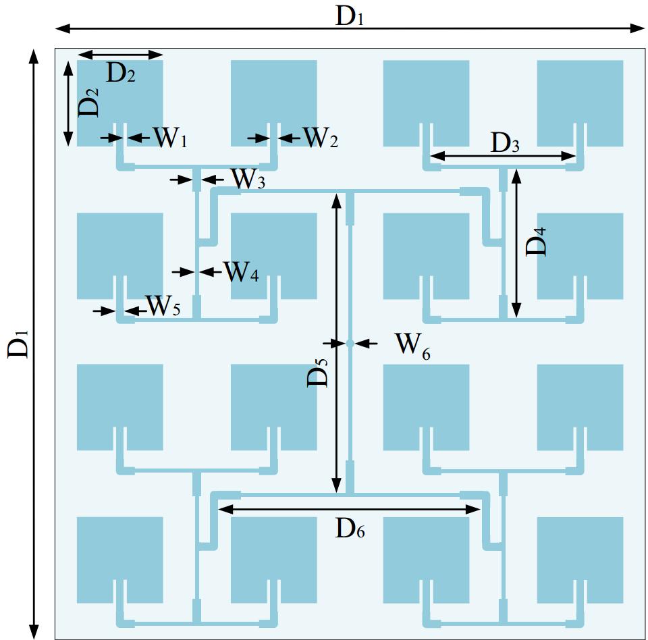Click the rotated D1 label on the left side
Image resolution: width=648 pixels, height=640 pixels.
[20, 344]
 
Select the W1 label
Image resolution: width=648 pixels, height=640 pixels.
[170, 138]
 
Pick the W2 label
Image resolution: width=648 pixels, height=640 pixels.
[320, 138]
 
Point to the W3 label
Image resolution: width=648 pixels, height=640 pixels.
[248, 180]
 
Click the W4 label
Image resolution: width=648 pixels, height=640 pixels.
[241, 272]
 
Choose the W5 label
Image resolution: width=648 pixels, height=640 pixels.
[163, 306]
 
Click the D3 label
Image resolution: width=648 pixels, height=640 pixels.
[505, 142]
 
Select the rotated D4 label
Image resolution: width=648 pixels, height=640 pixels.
[537, 241]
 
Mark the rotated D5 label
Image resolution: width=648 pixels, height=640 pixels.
[318, 372]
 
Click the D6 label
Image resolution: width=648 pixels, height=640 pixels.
[350, 530]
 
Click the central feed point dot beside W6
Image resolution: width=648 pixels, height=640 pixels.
[350, 344]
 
